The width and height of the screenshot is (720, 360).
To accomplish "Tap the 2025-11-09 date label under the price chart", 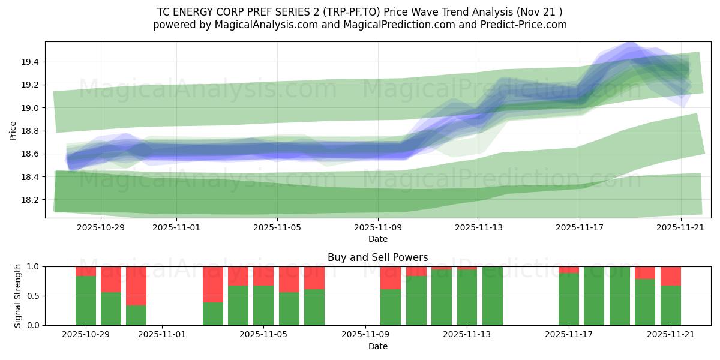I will point(378,228).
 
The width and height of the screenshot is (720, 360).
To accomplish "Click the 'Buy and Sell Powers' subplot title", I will point(377,257).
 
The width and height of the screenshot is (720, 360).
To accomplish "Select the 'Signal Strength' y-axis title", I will point(18,296).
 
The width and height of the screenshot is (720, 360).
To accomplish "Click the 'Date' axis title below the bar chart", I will point(377,346).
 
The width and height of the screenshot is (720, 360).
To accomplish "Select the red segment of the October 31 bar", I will point(136,286).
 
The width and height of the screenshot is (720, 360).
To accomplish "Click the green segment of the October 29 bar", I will point(86,301).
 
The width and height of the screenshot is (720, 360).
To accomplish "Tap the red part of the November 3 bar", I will point(212,284).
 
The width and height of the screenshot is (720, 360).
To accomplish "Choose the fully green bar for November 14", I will point(492,296).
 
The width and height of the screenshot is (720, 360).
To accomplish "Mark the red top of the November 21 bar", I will point(670,276).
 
